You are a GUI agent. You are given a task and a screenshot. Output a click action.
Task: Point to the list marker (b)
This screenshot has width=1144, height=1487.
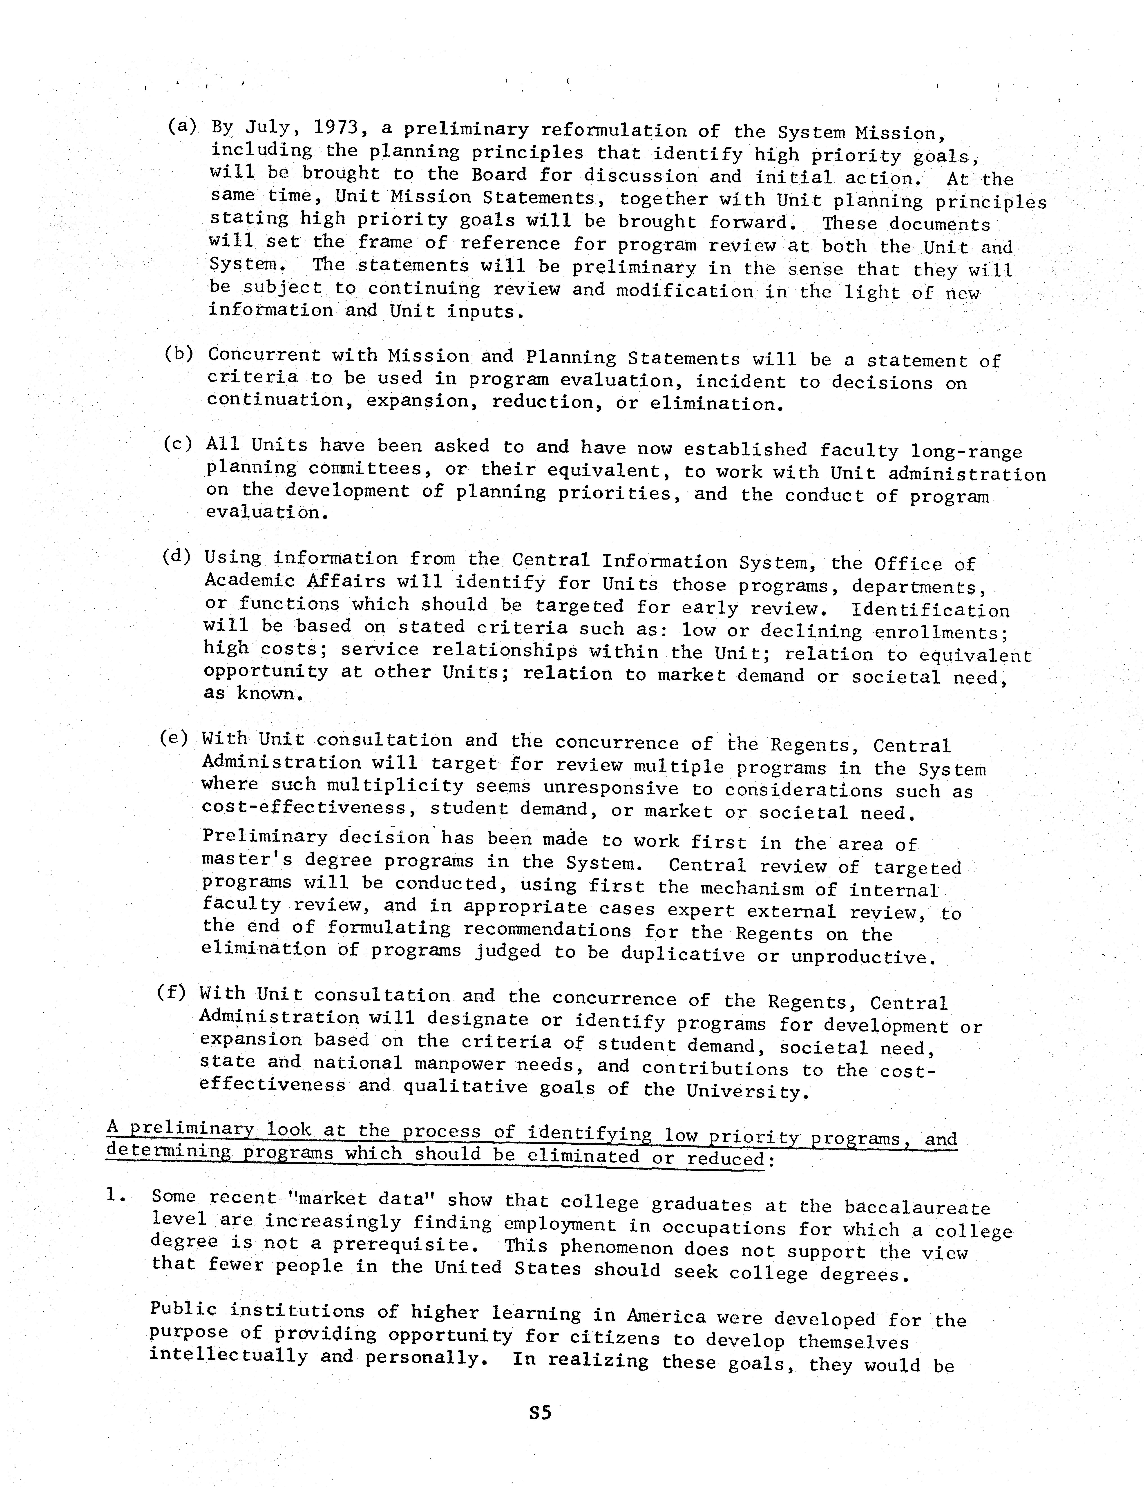tap(178, 353)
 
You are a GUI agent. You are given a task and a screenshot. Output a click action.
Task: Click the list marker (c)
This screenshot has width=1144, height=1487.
tap(177, 444)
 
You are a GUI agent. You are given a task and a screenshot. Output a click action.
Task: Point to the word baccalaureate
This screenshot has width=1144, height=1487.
tap(916, 1207)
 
